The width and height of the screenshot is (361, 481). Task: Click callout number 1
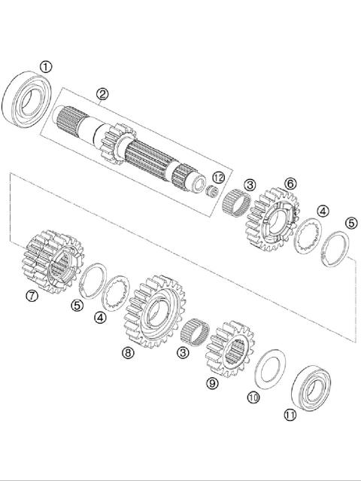tap(47, 67)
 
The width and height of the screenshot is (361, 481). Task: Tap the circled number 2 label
tap(102, 94)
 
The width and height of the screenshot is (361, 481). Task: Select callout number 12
tap(218, 178)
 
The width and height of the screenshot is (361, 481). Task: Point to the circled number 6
tap(290, 183)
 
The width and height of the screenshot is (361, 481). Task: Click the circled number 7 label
tap(32, 296)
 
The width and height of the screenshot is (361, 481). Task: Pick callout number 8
tap(128, 352)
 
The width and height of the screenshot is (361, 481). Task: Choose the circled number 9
tap(211, 382)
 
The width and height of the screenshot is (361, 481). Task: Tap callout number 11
tap(290, 413)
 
